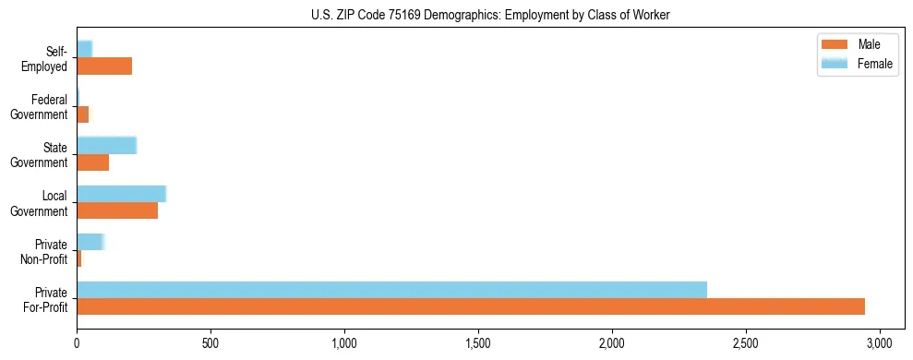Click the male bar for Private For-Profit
click(x=471, y=306)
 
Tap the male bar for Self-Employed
click(x=104, y=66)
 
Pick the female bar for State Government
click(x=106, y=145)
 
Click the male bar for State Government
click(x=93, y=162)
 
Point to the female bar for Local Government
click(x=121, y=194)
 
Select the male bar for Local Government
click(x=117, y=210)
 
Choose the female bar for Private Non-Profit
click(x=90, y=242)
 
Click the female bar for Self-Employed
click(x=85, y=49)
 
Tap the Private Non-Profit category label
click(x=44, y=252)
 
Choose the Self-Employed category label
click(x=44, y=59)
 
